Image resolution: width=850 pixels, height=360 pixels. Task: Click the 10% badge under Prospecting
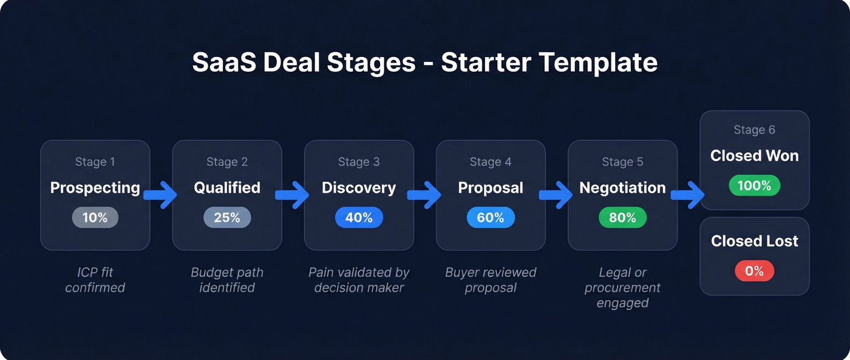click(95, 217)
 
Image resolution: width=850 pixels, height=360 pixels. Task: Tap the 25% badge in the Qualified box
click(227, 217)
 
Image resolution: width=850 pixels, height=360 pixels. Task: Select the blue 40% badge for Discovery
click(359, 217)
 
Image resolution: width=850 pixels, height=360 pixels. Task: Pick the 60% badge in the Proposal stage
click(491, 217)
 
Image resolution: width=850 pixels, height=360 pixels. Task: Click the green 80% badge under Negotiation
click(622, 217)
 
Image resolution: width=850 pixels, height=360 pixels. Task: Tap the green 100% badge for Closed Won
click(754, 185)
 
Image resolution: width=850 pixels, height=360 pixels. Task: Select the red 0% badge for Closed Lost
click(754, 271)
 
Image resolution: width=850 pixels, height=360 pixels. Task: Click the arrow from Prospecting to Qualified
click(160, 195)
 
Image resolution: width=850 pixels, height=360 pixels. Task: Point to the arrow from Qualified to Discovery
click(292, 195)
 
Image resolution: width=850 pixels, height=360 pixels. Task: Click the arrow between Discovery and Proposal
click(424, 195)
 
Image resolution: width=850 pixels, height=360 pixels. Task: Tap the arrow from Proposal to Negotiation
click(556, 195)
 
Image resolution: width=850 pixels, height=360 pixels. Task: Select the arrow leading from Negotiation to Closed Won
click(687, 195)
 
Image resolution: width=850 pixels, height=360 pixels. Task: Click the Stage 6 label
click(754, 130)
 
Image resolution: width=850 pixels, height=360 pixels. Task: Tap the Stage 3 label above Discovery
click(359, 162)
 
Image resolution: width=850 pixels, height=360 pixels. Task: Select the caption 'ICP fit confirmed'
click(95, 280)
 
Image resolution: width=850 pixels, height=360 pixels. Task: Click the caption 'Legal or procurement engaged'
click(622, 287)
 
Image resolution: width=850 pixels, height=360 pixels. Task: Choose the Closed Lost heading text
click(754, 241)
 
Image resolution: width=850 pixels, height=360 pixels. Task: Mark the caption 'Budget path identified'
click(227, 280)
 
